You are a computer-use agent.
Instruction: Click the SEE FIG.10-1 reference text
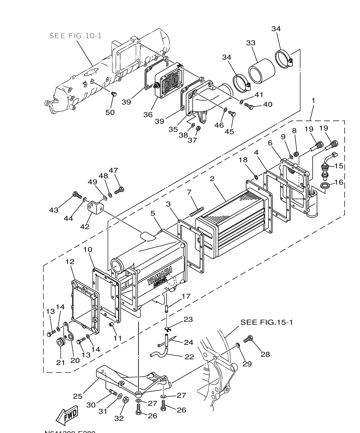pos(75,36)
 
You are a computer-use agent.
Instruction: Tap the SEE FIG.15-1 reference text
pos(266,322)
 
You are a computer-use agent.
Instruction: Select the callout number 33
pos(251,43)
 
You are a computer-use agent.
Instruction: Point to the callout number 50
pos(110,112)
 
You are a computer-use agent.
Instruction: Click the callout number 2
pos(212,179)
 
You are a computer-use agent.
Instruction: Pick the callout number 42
pos(85,227)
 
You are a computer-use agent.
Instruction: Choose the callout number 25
pos(78,396)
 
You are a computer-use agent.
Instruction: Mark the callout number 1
pos(313,100)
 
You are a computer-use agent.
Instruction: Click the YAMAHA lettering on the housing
pos(160,277)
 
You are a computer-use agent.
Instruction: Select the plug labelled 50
pos(113,94)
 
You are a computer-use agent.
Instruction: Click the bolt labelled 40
pos(249,106)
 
